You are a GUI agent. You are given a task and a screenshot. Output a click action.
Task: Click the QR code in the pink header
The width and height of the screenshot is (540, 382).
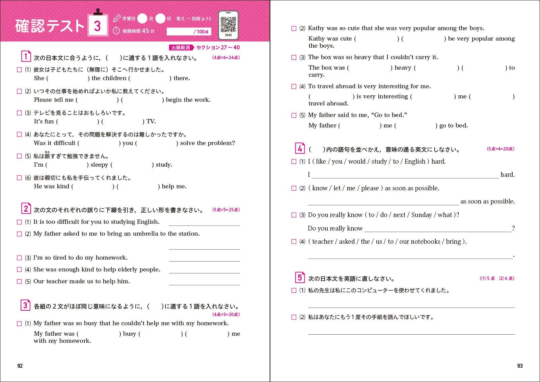coord(228,24)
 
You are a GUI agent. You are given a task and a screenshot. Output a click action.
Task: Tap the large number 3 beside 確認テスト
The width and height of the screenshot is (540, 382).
coord(98,26)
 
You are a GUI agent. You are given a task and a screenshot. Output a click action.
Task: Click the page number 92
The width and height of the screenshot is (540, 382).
coord(20,366)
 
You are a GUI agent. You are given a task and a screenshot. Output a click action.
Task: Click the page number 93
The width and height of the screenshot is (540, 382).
coord(520,366)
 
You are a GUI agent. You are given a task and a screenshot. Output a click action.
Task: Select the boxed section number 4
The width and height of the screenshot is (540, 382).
coord(300,148)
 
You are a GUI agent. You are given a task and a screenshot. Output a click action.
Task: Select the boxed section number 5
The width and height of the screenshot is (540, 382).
coord(300,278)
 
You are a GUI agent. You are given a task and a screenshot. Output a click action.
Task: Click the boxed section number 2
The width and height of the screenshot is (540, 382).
coord(26,209)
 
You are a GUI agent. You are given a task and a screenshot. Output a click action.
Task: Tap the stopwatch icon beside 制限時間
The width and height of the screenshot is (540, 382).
coord(116,31)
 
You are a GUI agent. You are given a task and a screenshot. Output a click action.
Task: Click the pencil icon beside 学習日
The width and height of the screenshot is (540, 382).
coord(117,18)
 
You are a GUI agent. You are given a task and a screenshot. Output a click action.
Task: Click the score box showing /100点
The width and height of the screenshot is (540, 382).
coord(189,31)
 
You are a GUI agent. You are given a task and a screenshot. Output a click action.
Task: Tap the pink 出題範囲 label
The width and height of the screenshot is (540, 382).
coord(181,48)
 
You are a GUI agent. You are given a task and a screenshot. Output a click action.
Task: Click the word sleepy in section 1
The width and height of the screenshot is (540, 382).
coord(99,165)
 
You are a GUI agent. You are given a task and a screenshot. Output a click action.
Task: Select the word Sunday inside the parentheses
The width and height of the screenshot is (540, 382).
coord(422,215)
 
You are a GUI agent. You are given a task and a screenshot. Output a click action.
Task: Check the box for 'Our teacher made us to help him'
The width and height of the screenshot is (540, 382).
coord(20,282)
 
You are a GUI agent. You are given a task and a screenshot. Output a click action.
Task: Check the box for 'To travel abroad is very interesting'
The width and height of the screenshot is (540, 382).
coord(294,87)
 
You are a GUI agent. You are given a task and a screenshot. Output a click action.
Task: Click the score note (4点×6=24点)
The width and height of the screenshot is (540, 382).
coord(226,57)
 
